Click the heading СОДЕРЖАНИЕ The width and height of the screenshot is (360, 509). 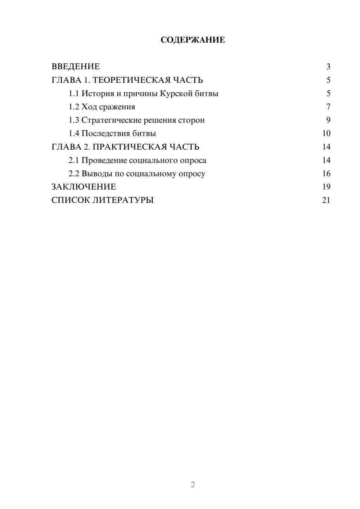pos(193,40)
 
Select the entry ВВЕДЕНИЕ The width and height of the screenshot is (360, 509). pos(76,67)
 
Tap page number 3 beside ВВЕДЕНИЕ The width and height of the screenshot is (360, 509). pos(328,67)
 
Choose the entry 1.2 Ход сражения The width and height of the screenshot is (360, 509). pos(102,107)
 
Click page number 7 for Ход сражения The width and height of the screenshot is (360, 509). pos(328,107)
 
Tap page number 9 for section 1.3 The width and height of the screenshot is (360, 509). pos(328,120)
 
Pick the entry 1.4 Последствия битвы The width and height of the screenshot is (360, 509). pos(112,134)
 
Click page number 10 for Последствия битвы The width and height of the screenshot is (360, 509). pos(326,134)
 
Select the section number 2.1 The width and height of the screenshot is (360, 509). pos(74,160)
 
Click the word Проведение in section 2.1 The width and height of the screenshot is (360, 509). pos(104,160)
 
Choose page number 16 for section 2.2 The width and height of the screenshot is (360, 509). pos(326,174)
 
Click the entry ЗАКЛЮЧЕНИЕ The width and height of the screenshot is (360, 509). pos(84,187)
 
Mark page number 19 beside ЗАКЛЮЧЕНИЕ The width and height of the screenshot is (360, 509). pos(326,187)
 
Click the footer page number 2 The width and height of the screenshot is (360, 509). pos(193,485)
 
